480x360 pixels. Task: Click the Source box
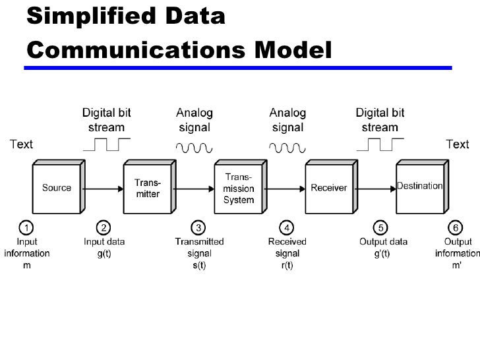tap(57, 188)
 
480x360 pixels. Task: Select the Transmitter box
tap(147, 188)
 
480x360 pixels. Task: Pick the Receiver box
tap(328, 188)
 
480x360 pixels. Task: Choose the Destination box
tap(419, 187)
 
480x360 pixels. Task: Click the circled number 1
tap(26, 228)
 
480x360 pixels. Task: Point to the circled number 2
tap(104, 228)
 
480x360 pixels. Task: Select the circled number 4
tap(287, 228)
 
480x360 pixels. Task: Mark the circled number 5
tap(380, 228)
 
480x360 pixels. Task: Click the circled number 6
tap(457, 228)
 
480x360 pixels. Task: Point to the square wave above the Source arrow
tap(105, 144)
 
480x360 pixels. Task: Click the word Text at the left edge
tap(20, 144)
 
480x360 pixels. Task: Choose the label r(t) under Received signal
tap(287, 264)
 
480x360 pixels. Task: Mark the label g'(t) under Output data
tap(380, 253)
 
